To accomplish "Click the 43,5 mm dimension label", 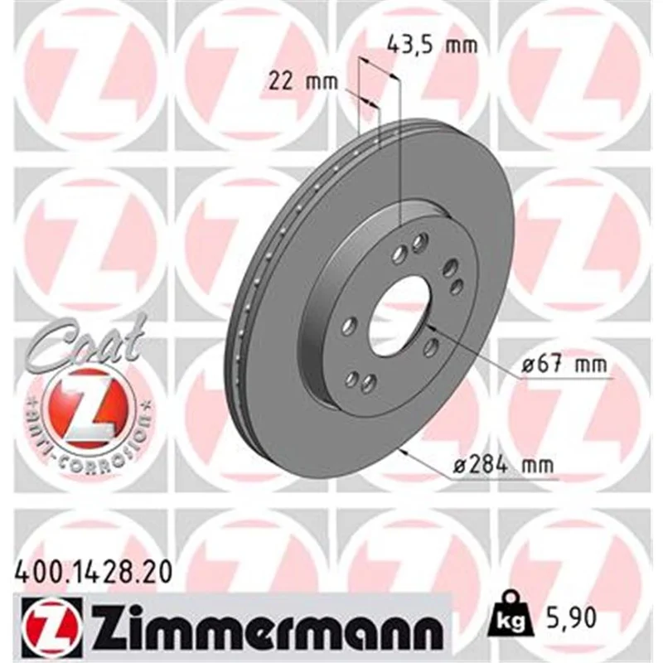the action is (433, 45).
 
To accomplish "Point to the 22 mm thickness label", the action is (303, 81).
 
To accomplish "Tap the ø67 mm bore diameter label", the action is (564, 364).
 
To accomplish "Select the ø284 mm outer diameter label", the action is (503, 465).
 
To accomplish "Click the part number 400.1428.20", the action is (94, 573).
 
